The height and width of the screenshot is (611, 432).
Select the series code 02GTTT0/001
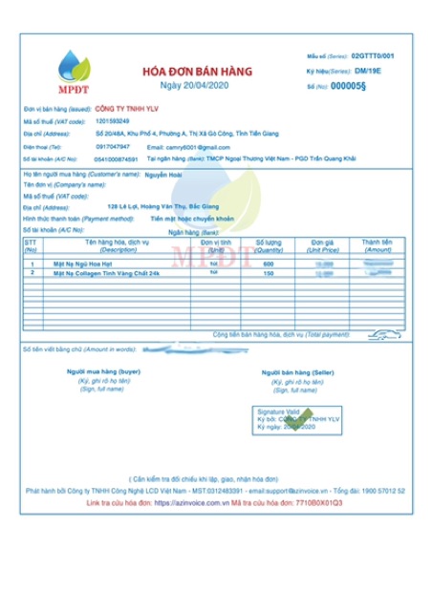pyautogui.click(x=380, y=57)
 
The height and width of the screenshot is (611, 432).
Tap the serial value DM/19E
pyautogui.click(x=366, y=72)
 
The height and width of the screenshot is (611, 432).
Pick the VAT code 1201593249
pyautogui.click(x=114, y=122)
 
